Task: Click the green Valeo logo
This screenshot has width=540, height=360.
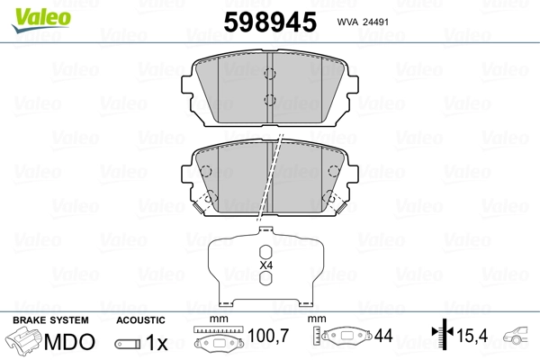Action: pyautogui.click(x=41, y=20)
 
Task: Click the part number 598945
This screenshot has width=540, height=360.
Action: pyautogui.click(x=270, y=22)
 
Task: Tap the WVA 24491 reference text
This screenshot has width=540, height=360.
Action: pyautogui.click(x=363, y=22)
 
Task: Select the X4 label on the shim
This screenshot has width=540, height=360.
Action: pyautogui.click(x=265, y=265)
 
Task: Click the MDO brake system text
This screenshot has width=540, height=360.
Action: pyautogui.click(x=69, y=341)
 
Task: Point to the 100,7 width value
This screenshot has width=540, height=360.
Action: pyautogui.click(x=268, y=336)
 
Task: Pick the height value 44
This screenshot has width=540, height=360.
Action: pyautogui.click(x=383, y=336)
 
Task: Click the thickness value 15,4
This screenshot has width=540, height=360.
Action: pyautogui.click(x=472, y=336)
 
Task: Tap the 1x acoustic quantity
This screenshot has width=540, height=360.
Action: pyautogui.click(x=157, y=342)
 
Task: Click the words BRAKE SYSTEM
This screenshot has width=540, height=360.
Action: pyautogui.click(x=50, y=320)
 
